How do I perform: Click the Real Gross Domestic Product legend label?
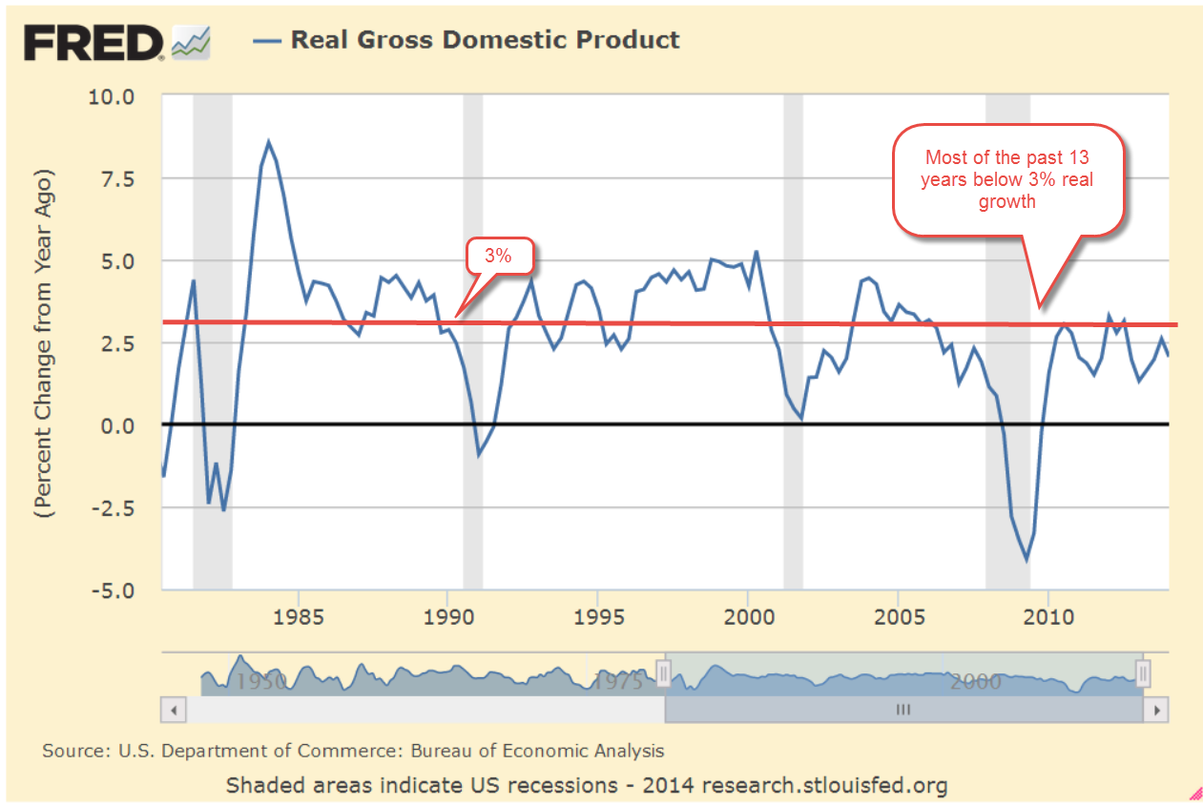click(485, 40)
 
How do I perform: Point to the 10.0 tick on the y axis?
click(114, 96)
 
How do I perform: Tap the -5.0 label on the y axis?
click(114, 589)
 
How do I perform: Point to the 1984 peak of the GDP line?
click(269, 142)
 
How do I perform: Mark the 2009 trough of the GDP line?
click(1027, 559)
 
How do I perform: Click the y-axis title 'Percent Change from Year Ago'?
click(45, 343)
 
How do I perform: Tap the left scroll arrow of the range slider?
click(173, 711)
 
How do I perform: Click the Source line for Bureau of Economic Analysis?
click(353, 751)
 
